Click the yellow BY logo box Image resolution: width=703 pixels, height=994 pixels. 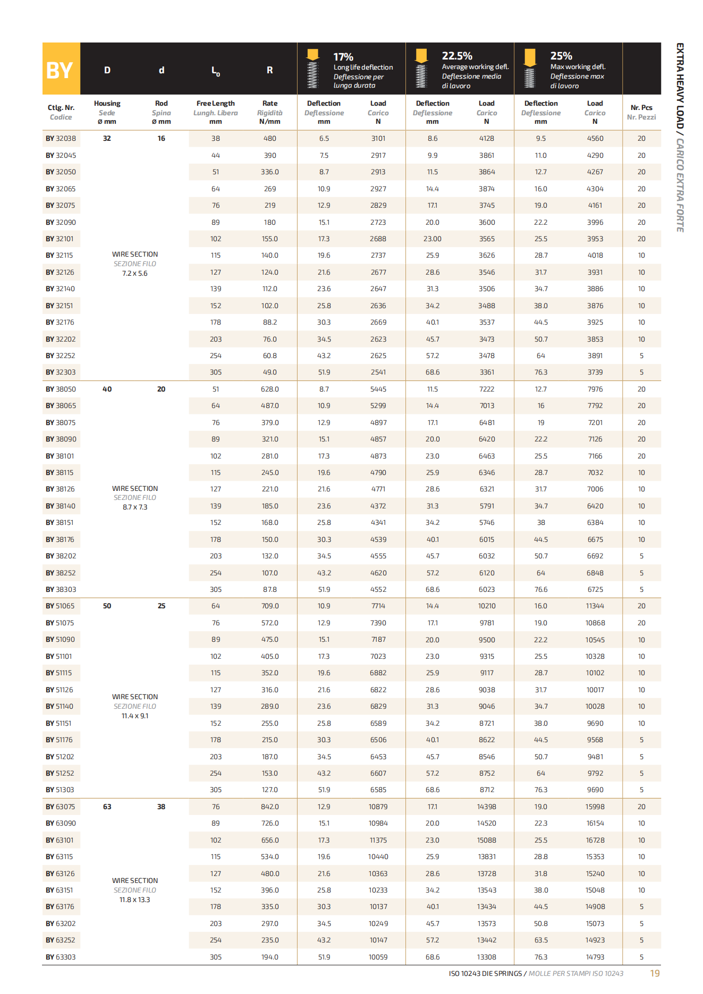[x=61, y=69]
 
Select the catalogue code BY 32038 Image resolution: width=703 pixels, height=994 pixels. [x=61, y=139]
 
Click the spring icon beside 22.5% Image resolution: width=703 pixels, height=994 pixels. [x=421, y=69]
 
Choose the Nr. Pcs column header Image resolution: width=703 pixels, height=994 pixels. [x=641, y=112]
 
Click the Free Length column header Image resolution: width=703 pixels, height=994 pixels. [x=215, y=112]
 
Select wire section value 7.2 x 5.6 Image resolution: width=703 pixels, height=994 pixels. [x=135, y=274]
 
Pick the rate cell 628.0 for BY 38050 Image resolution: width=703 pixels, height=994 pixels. [x=269, y=389]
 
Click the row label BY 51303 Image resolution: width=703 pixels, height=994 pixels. [x=60, y=790]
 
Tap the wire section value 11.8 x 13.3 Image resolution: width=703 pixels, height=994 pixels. [x=135, y=900]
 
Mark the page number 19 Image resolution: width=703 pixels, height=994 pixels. [x=655, y=973]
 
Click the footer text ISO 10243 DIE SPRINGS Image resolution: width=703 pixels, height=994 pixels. [x=485, y=974]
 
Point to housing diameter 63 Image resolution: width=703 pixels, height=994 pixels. [x=107, y=807]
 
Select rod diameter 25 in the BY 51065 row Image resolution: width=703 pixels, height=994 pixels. [x=162, y=606]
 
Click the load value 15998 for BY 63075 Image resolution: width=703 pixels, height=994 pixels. [x=595, y=807]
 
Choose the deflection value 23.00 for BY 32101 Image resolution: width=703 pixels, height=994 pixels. [x=432, y=239]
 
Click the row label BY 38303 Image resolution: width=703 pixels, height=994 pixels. [x=61, y=590]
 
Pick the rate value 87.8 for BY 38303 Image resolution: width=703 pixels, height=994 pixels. [x=269, y=590]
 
